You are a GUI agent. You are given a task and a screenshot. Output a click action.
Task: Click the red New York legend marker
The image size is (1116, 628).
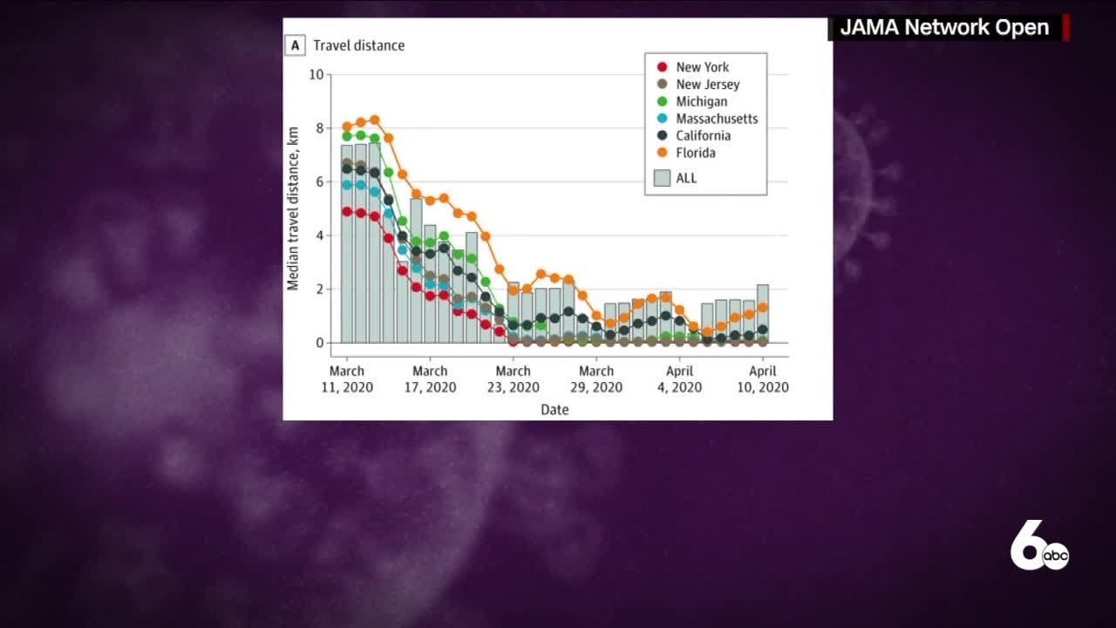(x=663, y=67)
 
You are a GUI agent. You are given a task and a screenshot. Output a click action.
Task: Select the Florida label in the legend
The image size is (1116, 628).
(x=696, y=153)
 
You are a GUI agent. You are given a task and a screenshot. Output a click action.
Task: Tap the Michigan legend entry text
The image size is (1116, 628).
(x=701, y=101)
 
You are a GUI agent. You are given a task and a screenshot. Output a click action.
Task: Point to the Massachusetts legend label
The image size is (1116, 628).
(x=717, y=119)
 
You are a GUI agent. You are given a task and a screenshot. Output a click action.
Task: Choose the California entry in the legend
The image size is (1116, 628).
(x=703, y=135)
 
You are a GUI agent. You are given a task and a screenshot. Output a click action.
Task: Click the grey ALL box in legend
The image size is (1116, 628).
(x=663, y=178)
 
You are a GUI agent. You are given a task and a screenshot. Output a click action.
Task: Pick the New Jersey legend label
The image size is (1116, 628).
(x=707, y=85)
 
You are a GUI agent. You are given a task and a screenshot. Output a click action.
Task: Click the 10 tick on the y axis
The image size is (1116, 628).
(x=316, y=75)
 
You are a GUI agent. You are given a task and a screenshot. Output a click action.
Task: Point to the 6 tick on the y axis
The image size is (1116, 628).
(x=318, y=182)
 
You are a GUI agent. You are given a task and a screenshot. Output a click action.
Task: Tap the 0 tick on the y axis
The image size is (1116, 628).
(x=318, y=343)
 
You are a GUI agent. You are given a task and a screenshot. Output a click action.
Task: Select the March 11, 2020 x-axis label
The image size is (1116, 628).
(x=347, y=379)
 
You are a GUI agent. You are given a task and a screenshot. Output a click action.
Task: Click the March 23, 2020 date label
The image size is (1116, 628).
(x=513, y=379)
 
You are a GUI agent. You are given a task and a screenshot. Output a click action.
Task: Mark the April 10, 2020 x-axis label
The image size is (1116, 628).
(x=763, y=379)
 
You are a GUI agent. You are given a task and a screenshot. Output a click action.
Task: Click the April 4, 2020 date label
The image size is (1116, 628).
(x=680, y=379)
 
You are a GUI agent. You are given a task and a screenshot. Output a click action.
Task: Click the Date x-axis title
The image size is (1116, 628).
(x=555, y=409)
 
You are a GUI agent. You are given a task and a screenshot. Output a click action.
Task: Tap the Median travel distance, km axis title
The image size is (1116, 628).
(x=293, y=208)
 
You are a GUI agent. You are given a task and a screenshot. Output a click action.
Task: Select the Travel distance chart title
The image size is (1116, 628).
(x=359, y=45)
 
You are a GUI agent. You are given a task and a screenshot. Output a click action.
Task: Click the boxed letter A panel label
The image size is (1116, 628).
(x=295, y=45)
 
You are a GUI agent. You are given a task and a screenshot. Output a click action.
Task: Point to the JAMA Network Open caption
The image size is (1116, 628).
(x=943, y=27)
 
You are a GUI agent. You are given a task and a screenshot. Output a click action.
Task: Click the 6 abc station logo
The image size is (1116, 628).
(x=1038, y=549)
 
